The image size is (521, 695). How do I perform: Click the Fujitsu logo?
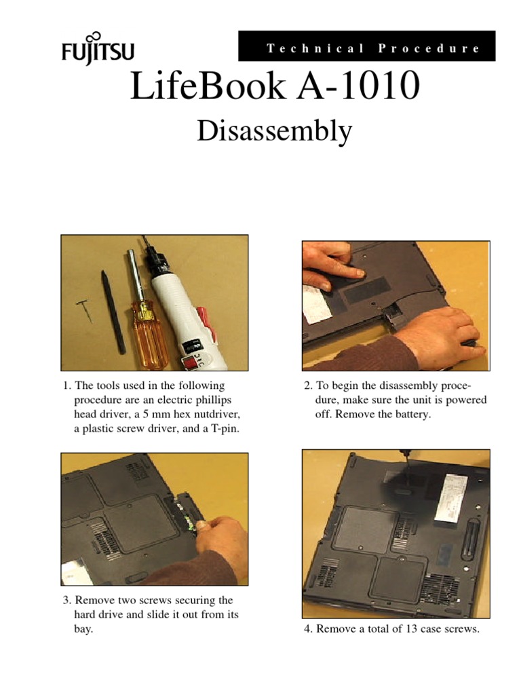tap(97, 49)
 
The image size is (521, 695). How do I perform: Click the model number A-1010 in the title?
tap(360, 88)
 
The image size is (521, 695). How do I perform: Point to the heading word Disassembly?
tap(274, 131)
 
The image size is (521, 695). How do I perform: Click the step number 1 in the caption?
tap(66, 386)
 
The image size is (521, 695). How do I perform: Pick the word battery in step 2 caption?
tap(412, 414)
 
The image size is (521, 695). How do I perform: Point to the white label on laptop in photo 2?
tap(315, 304)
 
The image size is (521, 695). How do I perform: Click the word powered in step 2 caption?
tap(467, 400)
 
